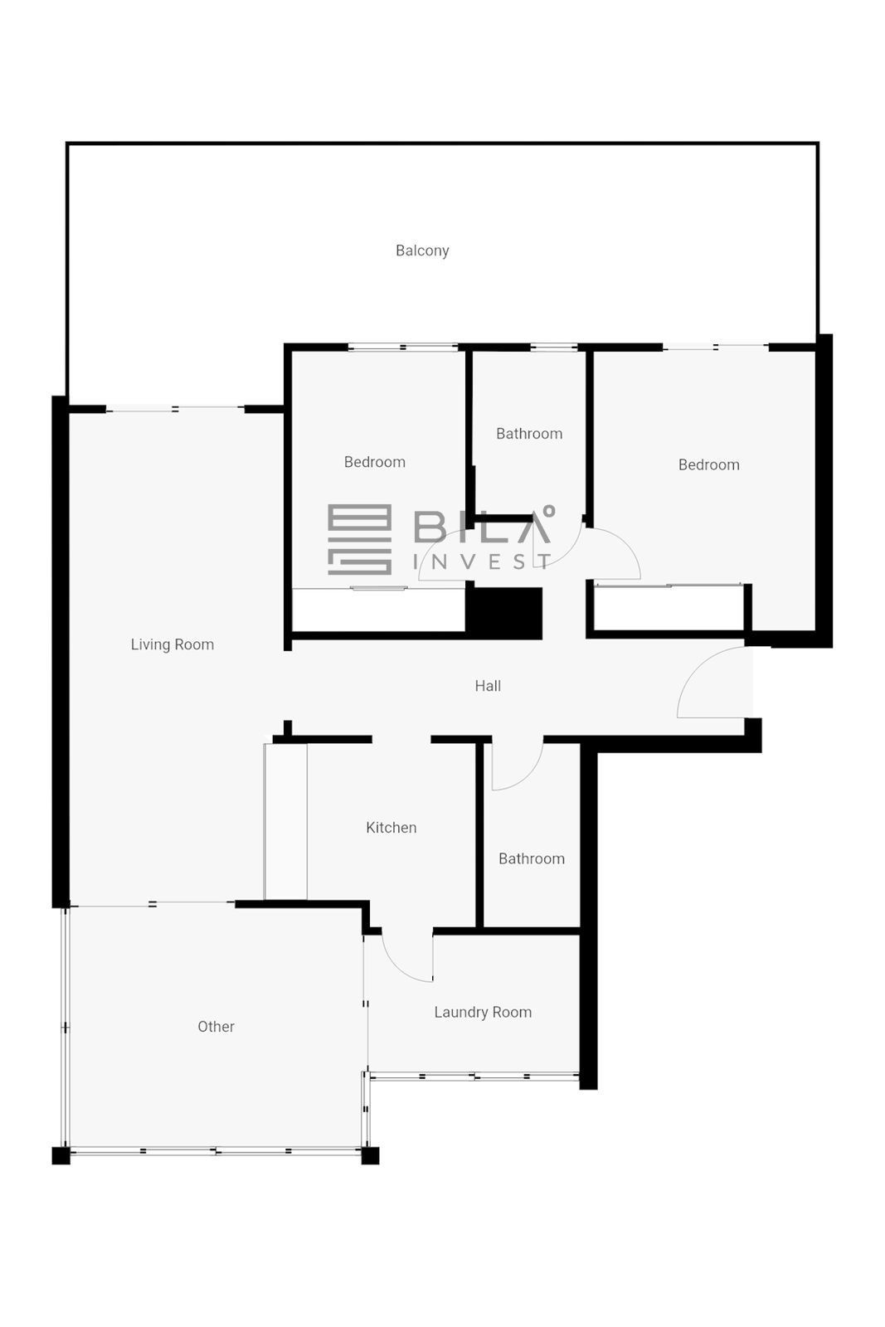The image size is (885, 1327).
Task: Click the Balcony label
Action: click(x=422, y=250)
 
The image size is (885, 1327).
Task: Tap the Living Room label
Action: click(x=173, y=644)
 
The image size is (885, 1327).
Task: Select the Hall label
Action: click(x=488, y=686)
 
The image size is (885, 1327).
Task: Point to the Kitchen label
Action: click(x=391, y=828)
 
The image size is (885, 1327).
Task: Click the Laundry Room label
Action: click(x=483, y=1012)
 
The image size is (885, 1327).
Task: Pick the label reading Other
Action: click(x=216, y=1027)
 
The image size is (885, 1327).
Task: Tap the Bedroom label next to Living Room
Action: click(x=374, y=462)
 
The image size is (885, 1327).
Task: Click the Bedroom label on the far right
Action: click(x=708, y=465)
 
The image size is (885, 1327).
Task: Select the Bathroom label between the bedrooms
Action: click(x=529, y=434)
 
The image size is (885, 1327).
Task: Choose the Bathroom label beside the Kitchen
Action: click(x=532, y=859)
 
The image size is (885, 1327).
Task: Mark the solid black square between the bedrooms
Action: click(x=503, y=613)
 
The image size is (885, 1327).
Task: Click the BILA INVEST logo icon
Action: click(x=360, y=539)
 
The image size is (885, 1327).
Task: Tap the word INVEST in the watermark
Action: click(x=483, y=561)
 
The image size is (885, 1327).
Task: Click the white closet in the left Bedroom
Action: click(x=378, y=610)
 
